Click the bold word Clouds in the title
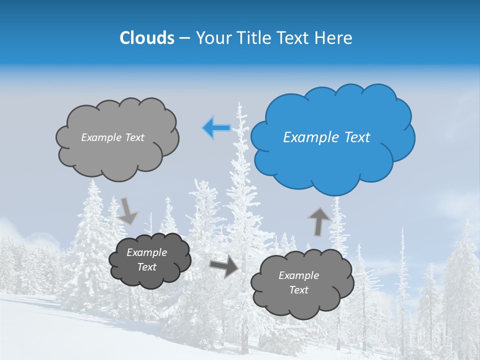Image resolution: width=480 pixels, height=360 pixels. [x=146, y=38]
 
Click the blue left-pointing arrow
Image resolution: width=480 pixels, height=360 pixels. [x=216, y=128]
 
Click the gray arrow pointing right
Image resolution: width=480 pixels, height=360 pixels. [x=224, y=266]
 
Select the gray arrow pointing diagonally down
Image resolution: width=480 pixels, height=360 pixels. [x=128, y=211]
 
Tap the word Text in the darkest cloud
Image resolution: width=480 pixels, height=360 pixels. [x=147, y=267]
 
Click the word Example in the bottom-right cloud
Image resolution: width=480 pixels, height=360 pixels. [x=298, y=275]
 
